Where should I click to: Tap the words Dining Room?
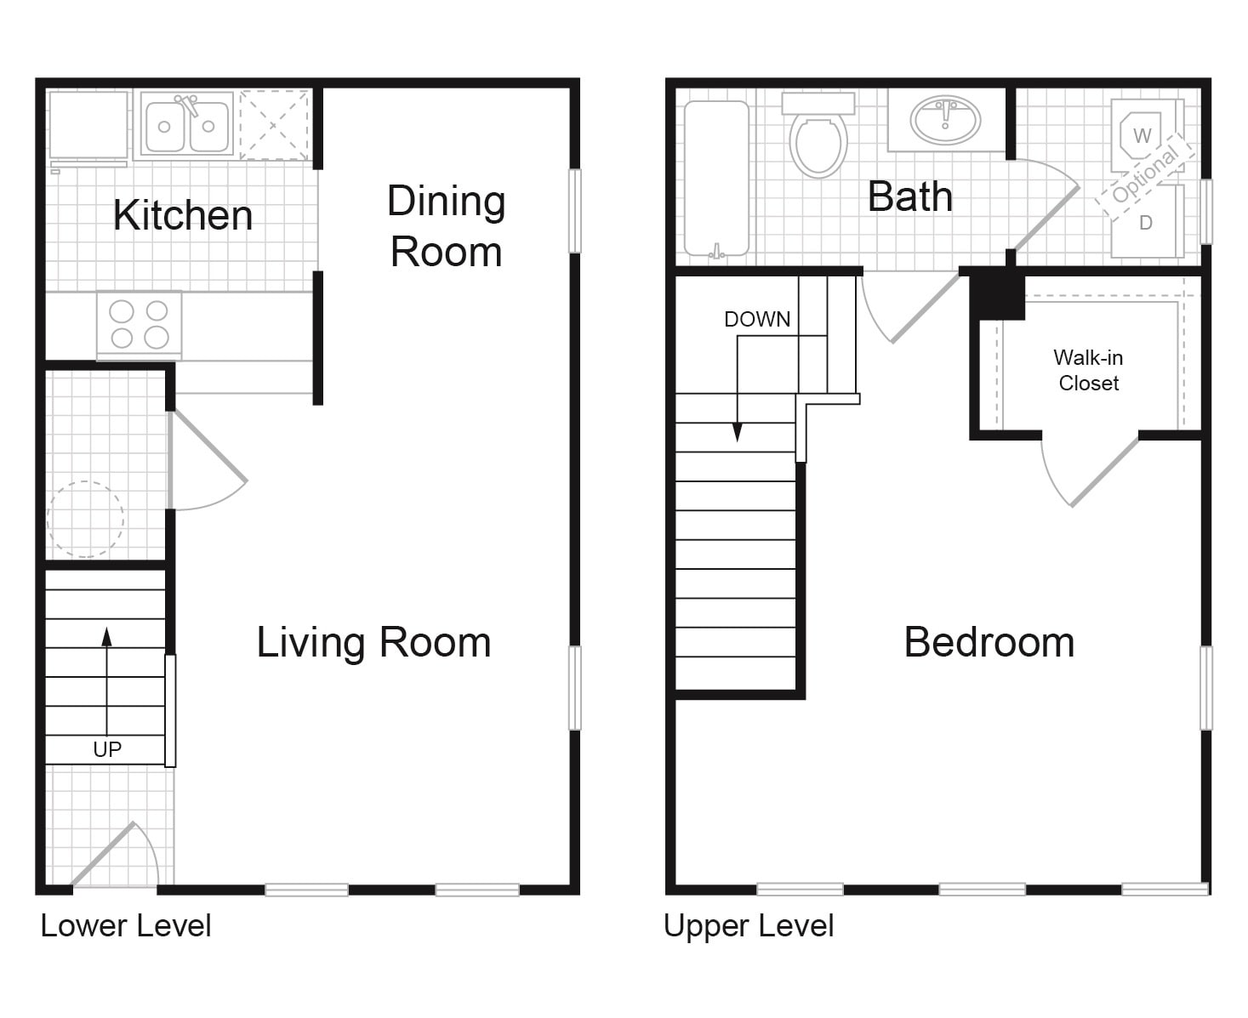click(x=446, y=226)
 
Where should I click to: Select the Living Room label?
click(x=373, y=642)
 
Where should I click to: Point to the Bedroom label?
click(x=989, y=642)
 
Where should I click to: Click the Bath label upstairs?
click(x=910, y=197)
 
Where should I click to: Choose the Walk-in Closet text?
click(x=1088, y=370)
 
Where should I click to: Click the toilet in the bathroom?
click(x=818, y=135)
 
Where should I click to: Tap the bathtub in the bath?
click(x=716, y=179)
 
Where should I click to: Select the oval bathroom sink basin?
click(x=945, y=121)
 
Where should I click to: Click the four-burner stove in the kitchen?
click(x=139, y=325)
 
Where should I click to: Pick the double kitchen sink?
click(x=187, y=125)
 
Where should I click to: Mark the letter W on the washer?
click(x=1143, y=136)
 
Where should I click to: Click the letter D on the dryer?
click(x=1146, y=223)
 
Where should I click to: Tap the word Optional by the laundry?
click(x=1145, y=176)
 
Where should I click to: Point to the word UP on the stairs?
click(x=107, y=749)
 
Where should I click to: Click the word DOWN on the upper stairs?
click(x=757, y=320)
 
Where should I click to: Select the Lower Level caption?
click(x=125, y=926)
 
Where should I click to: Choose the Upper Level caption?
click(x=749, y=926)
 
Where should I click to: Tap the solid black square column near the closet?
click(x=997, y=294)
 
